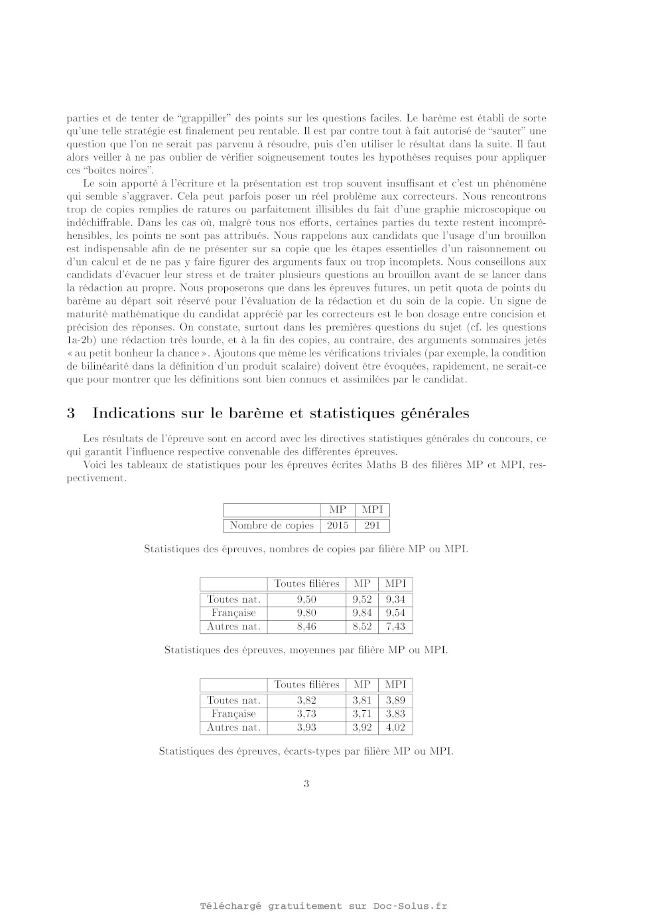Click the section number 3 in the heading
[x=70, y=413]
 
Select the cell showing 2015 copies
[x=337, y=525]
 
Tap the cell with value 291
[x=372, y=525]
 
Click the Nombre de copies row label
[x=271, y=525]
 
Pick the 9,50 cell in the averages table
[x=306, y=599]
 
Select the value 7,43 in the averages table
[x=395, y=626]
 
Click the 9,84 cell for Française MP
[x=362, y=613]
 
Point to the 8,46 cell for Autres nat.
[x=306, y=626]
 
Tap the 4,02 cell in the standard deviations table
[x=395, y=727]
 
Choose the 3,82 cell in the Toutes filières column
[x=306, y=700]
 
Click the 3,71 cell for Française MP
[x=362, y=714]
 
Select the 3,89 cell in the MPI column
[x=395, y=700]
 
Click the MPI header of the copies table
[x=372, y=510]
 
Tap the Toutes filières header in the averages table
[x=306, y=583]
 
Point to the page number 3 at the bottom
[x=306, y=783]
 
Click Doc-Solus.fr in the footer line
[x=410, y=906]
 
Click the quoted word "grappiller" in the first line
[x=205, y=117]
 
